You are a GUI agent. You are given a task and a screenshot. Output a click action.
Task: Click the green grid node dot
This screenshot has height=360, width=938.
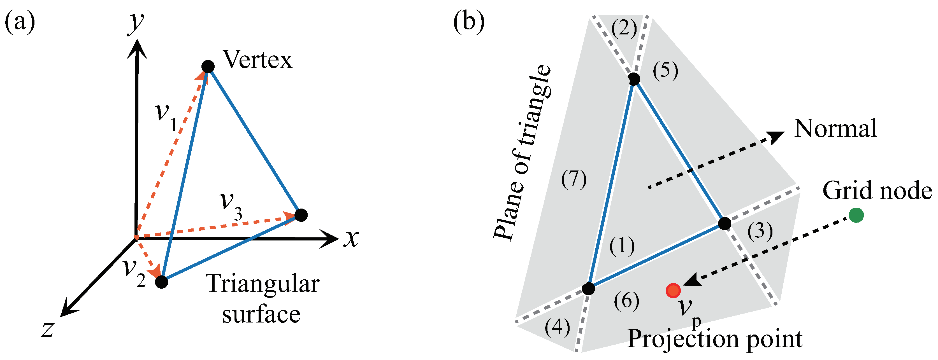coord(856,215)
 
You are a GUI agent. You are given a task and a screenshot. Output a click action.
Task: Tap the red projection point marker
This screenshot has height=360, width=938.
coord(673,291)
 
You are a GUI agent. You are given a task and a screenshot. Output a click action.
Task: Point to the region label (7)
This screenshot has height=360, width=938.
coord(574,179)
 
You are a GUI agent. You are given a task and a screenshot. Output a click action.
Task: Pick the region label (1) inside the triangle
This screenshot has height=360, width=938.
coord(622,246)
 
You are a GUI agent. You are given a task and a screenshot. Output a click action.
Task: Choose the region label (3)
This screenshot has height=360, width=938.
coord(760,231)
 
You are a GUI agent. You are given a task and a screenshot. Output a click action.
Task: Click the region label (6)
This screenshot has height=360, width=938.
coord(626,301)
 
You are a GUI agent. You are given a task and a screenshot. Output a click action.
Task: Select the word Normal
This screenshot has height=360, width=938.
coord(835,128)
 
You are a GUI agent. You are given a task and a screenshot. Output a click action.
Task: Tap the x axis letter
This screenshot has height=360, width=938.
coord(351,239)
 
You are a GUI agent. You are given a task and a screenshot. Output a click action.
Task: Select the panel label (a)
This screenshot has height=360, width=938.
coord(20,22)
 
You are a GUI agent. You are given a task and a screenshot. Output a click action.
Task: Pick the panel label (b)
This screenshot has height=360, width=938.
coord(469,22)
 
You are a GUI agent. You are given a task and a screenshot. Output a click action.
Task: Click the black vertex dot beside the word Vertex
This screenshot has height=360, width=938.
coord(208,67)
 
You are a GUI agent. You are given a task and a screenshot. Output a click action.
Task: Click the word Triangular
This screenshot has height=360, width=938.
coord(262,284)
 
